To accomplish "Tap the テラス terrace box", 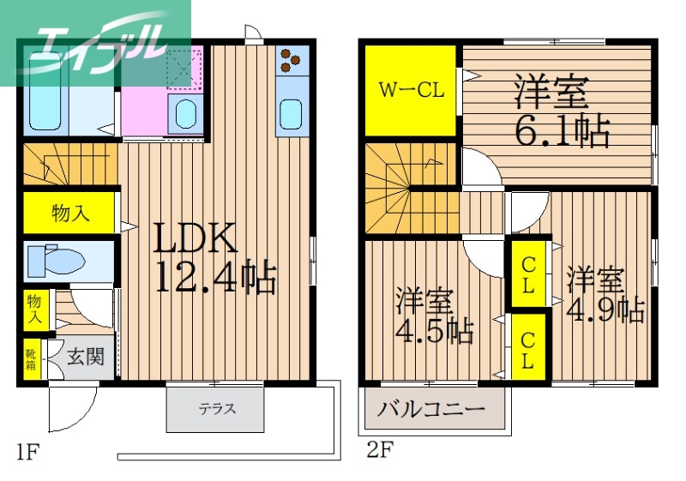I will pos(218,409).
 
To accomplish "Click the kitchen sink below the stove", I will pos(292,113).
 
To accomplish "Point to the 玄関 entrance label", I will pos(87,356).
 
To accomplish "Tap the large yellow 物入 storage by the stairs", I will pos(69,212).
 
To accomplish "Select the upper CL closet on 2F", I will pos(528,275).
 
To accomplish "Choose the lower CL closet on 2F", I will pos(528,348).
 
